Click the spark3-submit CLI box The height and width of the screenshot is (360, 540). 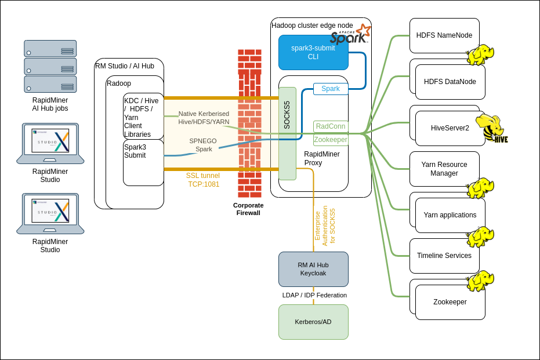[313, 52]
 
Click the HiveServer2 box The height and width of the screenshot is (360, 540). [450, 128]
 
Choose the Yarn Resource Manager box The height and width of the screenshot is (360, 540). [444, 169]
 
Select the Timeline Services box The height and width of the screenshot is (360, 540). [444, 256]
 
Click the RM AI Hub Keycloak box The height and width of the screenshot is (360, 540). [313, 269]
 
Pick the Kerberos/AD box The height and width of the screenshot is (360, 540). [313, 322]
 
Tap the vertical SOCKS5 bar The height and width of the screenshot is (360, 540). [287, 133]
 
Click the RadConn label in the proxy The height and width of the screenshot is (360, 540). [331, 126]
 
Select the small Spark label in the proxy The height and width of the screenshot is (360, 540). [331, 89]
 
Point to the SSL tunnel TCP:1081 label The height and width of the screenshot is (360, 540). [203, 180]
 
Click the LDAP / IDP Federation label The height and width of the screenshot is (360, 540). [314, 295]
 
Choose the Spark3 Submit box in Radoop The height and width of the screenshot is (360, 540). [143, 162]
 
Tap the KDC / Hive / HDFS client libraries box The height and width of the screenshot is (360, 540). [143, 116]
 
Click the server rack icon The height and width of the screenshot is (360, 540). [50, 66]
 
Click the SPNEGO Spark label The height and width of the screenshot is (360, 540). [203, 145]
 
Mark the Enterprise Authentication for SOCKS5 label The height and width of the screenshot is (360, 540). [325, 226]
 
